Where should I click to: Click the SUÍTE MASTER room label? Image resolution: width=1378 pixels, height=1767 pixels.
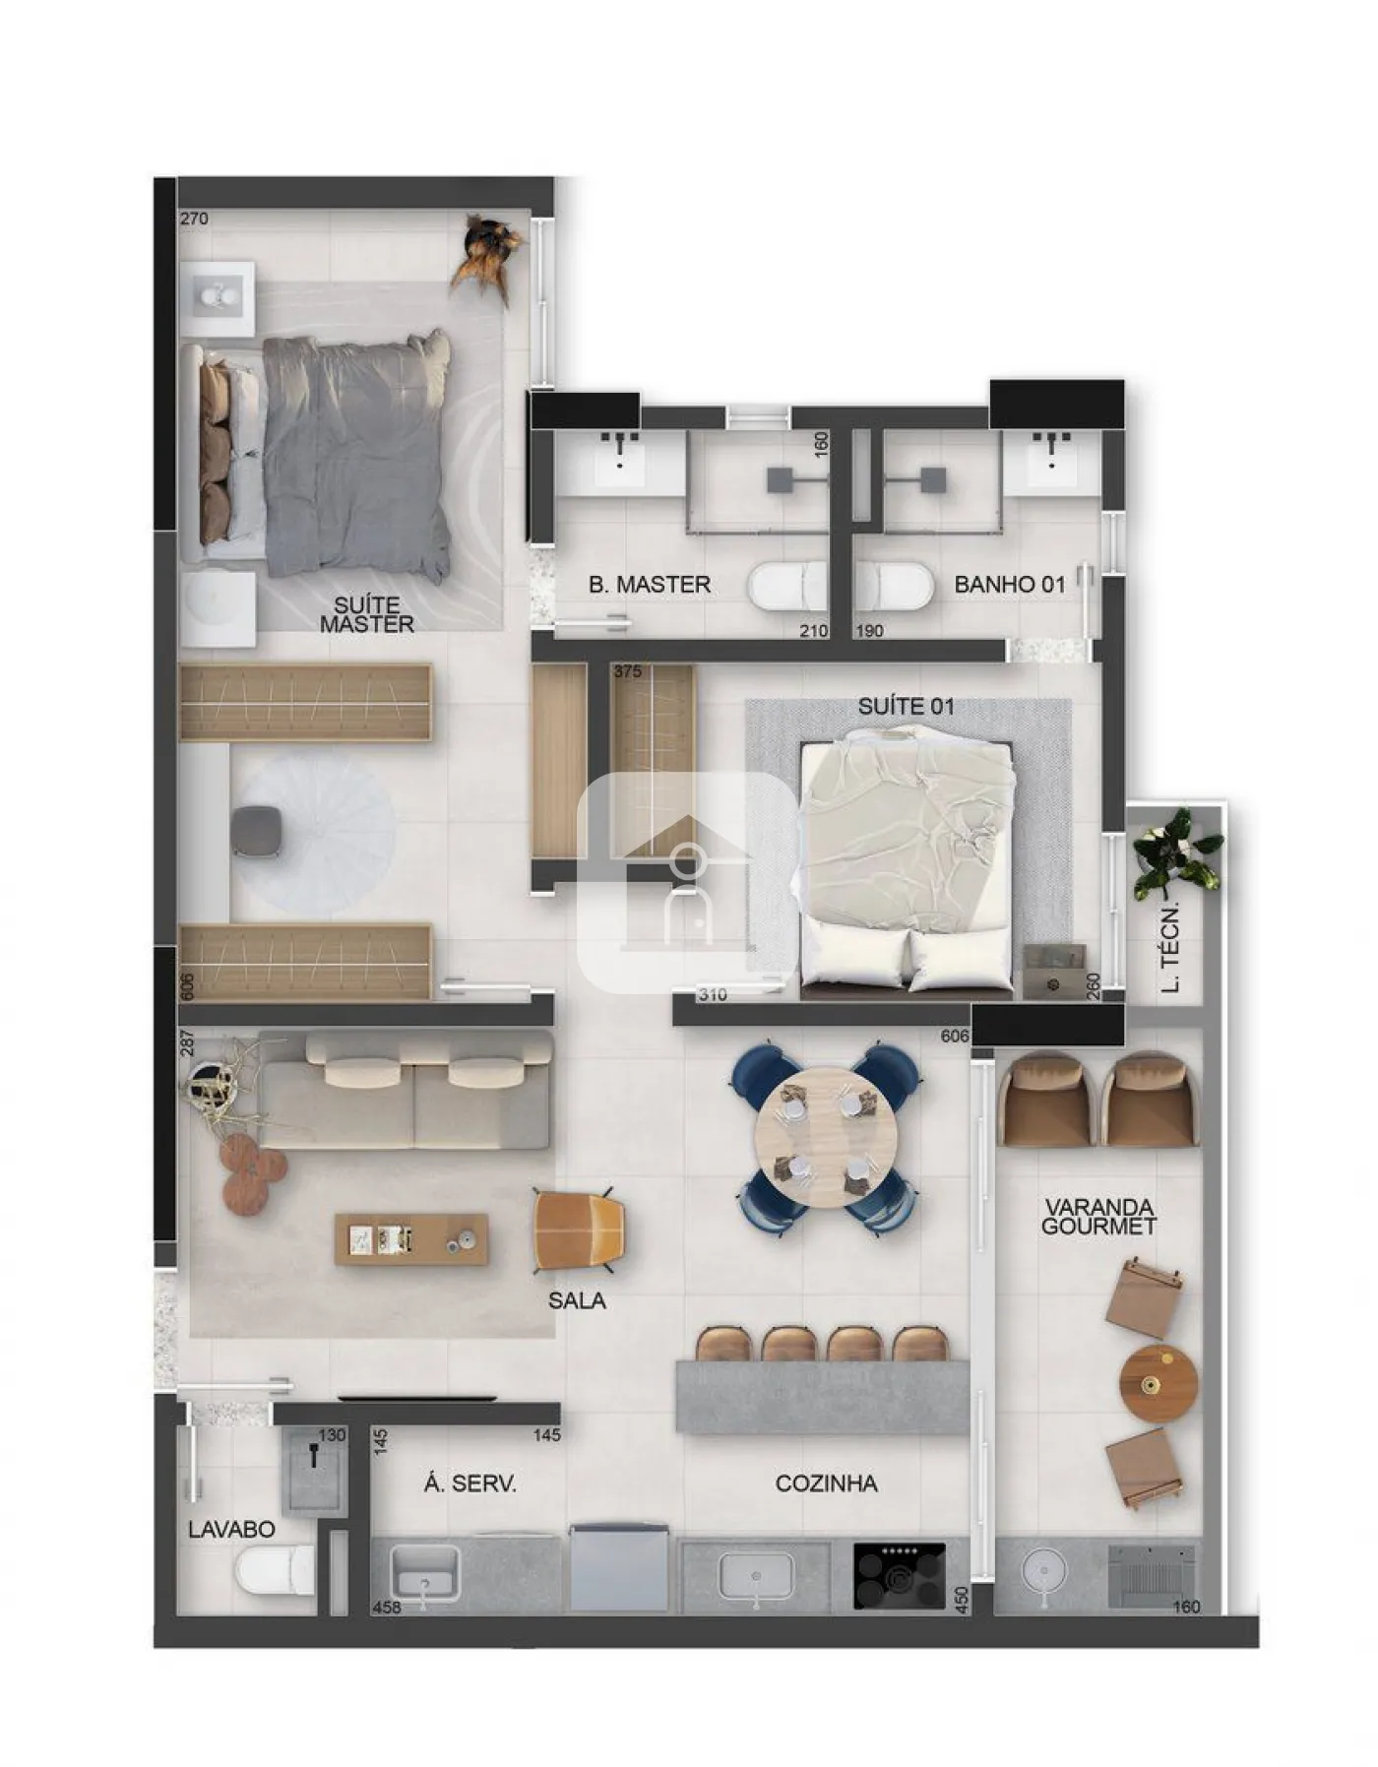click(366, 614)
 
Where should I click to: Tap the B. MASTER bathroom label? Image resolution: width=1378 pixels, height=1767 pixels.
click(650, 585)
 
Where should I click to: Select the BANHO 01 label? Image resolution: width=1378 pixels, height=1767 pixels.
click(1010, 585)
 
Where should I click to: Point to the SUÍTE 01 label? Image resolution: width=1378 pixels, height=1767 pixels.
click(906, 706)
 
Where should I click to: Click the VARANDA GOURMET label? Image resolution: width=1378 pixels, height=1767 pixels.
click(1098, 1217)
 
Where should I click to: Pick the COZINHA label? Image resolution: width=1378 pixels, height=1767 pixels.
click(827, 1483)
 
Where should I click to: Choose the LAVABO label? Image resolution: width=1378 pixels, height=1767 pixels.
click(231, 1530)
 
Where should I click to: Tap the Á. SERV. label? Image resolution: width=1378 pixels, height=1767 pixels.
click(470, 1483)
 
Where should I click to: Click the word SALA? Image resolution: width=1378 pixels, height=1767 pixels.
click(577, 1300)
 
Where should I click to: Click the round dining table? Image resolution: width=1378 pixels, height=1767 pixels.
click(827, 1138)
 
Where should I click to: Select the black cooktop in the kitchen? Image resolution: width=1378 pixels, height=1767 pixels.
click(899, 1576)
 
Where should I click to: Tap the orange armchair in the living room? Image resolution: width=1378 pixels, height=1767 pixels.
click(579, 1231)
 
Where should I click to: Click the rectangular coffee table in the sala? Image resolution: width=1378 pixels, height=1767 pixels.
click(411, 1239)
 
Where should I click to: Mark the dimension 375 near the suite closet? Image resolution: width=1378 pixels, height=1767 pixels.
click(627, 671)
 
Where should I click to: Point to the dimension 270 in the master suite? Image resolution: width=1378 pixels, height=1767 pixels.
click(194, 219)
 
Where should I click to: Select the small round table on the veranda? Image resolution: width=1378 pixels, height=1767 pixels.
click(1159, 1383)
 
